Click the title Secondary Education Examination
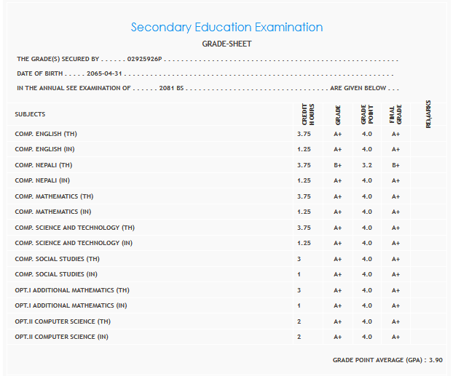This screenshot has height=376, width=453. (227, 28)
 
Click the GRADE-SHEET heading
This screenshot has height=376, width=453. (227, 44)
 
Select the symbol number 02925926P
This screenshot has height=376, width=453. (144, 59)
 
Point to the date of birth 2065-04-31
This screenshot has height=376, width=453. (103, 73)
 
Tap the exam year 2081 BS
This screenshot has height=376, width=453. (172, 88)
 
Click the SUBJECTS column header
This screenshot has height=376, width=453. (30, 114)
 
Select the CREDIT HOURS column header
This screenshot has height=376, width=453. (307, 114)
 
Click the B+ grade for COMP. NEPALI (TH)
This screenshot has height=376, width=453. (338, 165)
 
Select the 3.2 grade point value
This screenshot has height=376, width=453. (366, 165)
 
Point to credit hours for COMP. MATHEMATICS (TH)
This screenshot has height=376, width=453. (304, 196)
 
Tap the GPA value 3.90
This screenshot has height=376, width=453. (436, 360)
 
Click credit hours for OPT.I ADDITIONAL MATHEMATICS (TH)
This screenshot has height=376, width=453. (299, 290)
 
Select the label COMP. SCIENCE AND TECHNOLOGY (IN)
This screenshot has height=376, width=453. (74, 243)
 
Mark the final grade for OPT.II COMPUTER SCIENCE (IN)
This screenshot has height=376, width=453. (395, 337)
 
